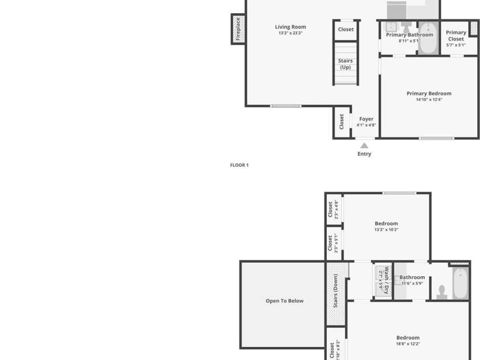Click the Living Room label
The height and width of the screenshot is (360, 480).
(290, 27)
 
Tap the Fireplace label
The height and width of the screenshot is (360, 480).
(238, 29)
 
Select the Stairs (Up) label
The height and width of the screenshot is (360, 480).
(345, 64)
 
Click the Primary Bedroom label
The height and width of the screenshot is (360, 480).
(429, 93)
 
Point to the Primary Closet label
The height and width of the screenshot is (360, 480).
(456, 36)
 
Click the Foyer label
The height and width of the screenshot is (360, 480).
(366, 119)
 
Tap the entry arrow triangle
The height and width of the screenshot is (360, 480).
(364, 146)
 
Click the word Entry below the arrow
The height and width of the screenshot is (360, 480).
(364, 154)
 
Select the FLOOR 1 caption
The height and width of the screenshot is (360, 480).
(239, 165)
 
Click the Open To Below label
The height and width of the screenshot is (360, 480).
(285, 301)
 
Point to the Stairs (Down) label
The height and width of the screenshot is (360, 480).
(336, 291)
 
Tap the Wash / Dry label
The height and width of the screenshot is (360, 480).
(387, 280)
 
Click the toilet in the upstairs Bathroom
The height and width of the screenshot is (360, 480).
(442, 292)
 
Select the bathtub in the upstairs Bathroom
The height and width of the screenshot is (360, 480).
(460, 283)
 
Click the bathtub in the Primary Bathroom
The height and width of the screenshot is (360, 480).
(428, 38)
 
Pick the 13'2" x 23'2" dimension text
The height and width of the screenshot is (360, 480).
(290, 33)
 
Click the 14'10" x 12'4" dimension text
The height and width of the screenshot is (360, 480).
(429, 100)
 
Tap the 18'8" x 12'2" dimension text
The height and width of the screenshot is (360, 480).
(408, 344)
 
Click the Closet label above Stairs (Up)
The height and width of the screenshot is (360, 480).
(346, 30)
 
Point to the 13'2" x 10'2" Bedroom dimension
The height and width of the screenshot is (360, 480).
(386, 230)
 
